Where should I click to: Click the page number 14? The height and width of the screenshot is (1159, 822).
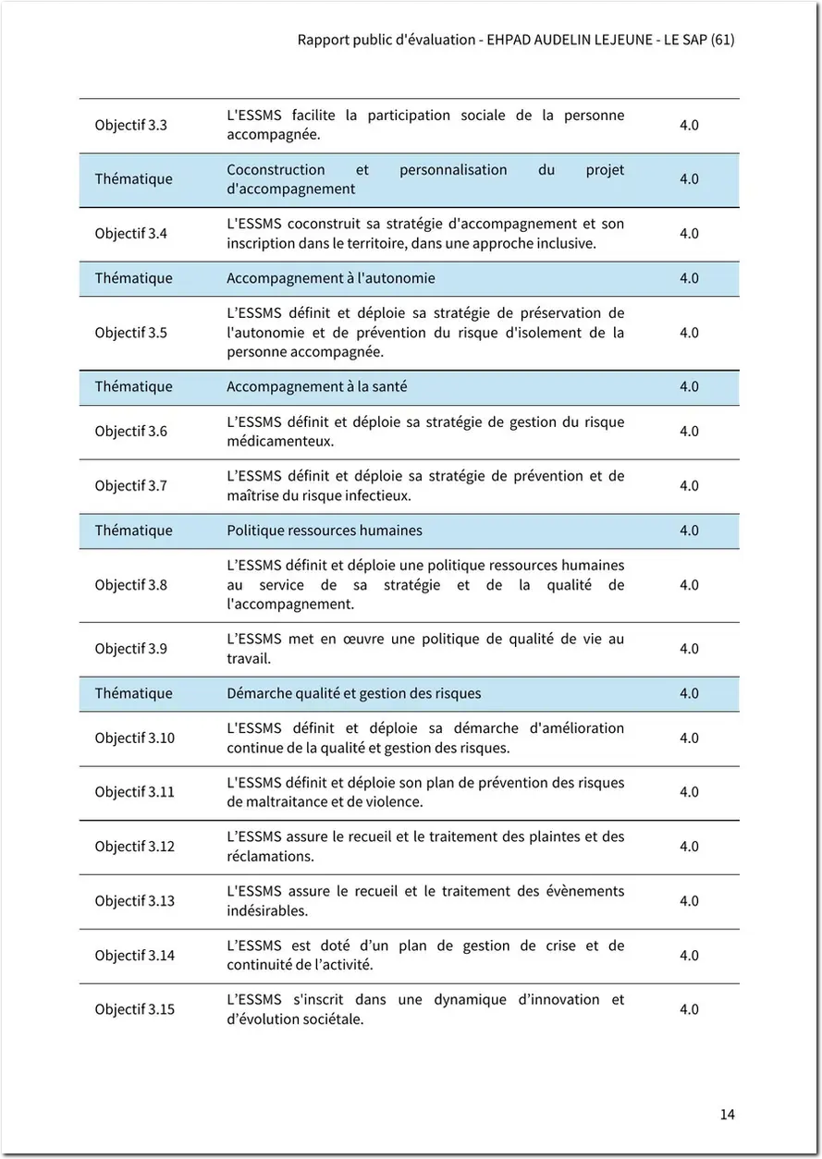pyautogui.click(x=727, y=1114)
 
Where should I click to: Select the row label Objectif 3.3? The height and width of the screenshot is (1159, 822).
pyautogui.click(x=130, y=125)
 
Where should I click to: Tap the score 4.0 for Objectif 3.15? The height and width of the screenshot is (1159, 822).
pyautogui.click(x=689, y=1009)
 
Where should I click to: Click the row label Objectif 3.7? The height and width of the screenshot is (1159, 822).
pyautogui.click(x=130, y=485)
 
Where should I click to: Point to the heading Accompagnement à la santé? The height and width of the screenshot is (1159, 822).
pyautogui.click(x=316, y=386)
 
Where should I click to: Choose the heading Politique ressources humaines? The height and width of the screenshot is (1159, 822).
pyautogui.click(x=324, y=531)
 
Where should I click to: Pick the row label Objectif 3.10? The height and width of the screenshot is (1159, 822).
pyautogui.click(x=134, y=738)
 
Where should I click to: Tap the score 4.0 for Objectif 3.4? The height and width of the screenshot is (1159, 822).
pyautogui.click(x=689, y=234)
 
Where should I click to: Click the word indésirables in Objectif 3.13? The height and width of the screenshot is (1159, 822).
pyautogui.click(x=266, y=910)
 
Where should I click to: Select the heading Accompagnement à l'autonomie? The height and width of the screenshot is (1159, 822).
pyautogui.click(x=330, y=278)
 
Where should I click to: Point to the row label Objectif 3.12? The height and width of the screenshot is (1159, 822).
pyautogui.click(x=134, y=847)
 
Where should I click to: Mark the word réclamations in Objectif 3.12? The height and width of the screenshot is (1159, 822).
pyautogui.click(x=269, y=856)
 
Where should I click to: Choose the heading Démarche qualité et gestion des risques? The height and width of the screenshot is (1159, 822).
pyautogui.click(x=353, y=693)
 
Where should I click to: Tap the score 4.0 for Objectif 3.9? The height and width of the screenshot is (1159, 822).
pyautogui.click(x=689, y=649)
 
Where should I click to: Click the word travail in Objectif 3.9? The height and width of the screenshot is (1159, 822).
pyautogui.click(x=248, y=659)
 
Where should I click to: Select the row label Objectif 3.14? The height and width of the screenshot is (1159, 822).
pyautogui.click(x=134, y=956)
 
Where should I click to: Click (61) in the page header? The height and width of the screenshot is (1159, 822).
pyautogui.click(x=722, y=41)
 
